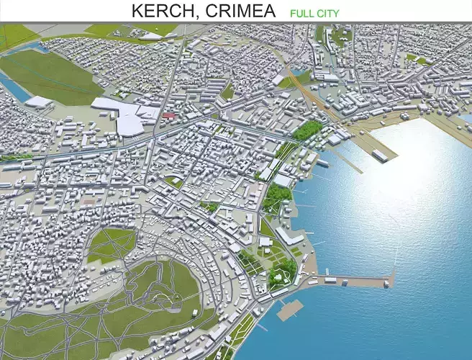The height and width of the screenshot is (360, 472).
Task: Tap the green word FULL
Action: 302,13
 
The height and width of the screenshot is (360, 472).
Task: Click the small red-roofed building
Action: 169,114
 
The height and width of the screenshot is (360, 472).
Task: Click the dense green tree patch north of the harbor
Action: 308,130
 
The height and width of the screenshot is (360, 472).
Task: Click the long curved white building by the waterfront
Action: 288,234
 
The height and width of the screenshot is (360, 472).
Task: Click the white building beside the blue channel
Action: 37,102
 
